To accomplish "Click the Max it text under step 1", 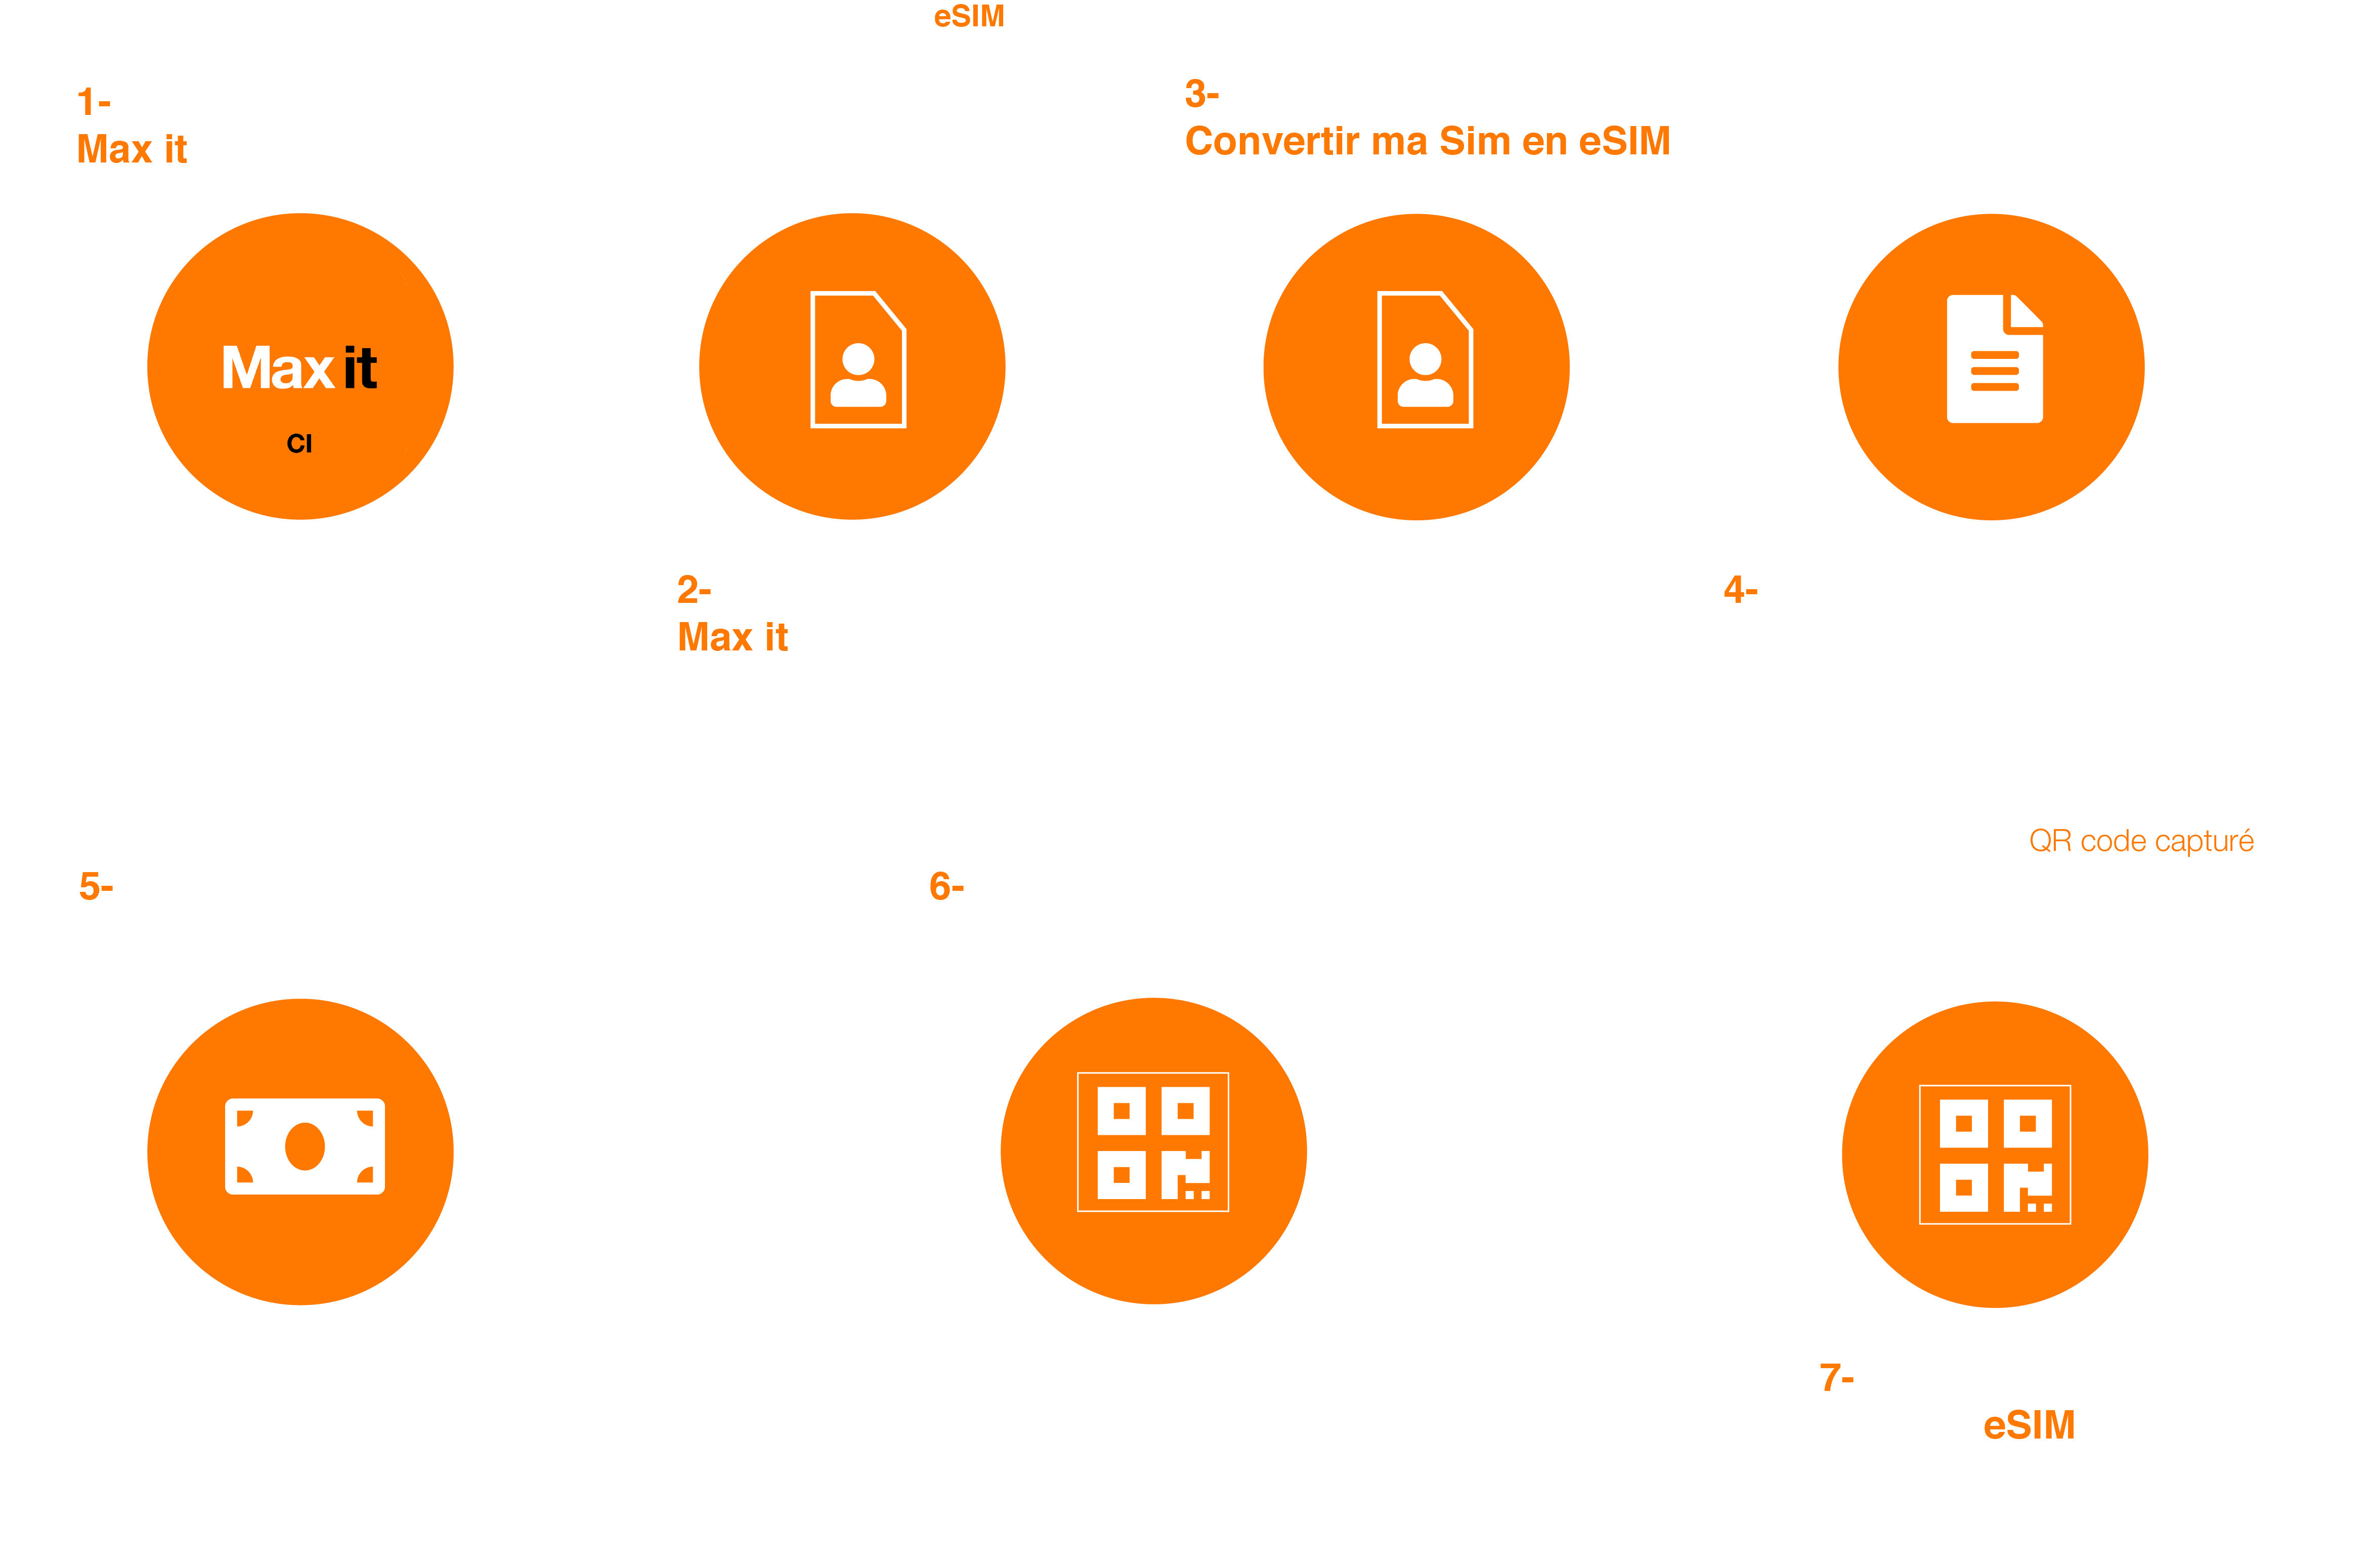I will point(132,149).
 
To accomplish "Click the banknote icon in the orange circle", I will point(305,1146).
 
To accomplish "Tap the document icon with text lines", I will point(1995,359).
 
